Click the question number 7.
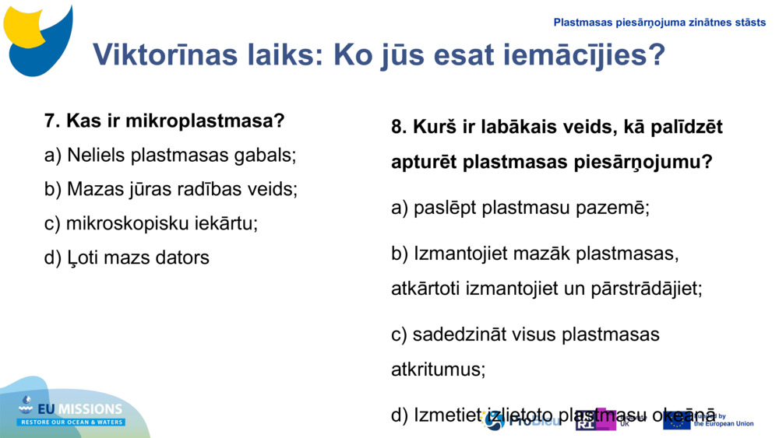pos(52,121)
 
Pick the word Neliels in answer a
pos(96,155)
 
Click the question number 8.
pos(399,127)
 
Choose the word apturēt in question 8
pos(423,163)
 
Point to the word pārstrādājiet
pos(646,289)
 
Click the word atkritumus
pos(438,369)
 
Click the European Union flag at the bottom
pos(676,420)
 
